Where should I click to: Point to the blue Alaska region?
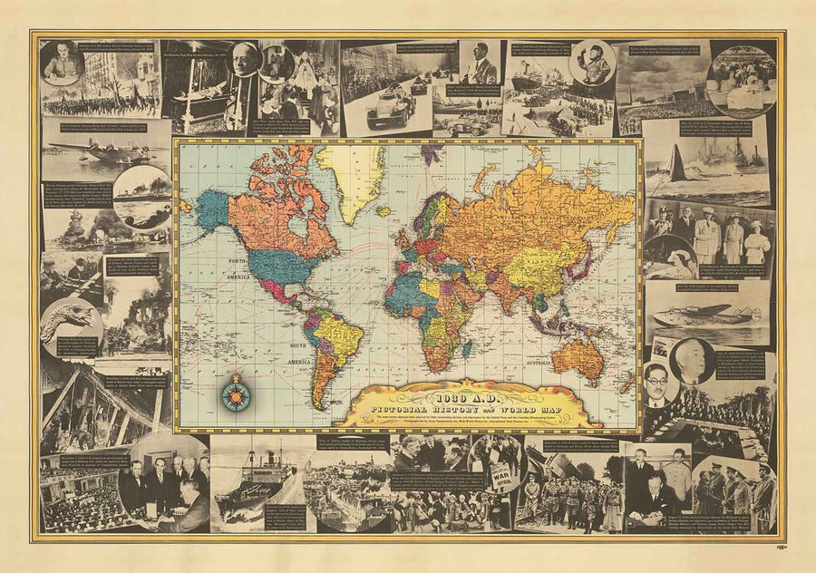coord(210,209)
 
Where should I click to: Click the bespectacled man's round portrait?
coord(656,385)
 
